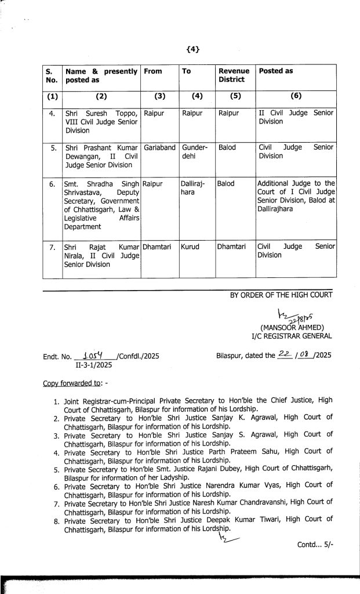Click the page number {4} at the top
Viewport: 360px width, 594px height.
[x=193, y=49]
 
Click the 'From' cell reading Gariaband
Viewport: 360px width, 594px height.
[x=159, y=147]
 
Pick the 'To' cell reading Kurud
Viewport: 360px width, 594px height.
[x=191, y=247]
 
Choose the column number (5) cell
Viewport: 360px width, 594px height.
[x=235, y=96]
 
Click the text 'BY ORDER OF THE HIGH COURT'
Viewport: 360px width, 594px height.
[x=281, y=295]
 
